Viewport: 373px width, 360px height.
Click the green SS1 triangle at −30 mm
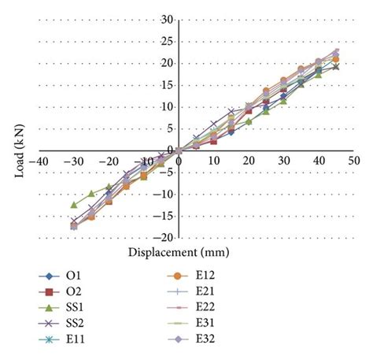point(75,205)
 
